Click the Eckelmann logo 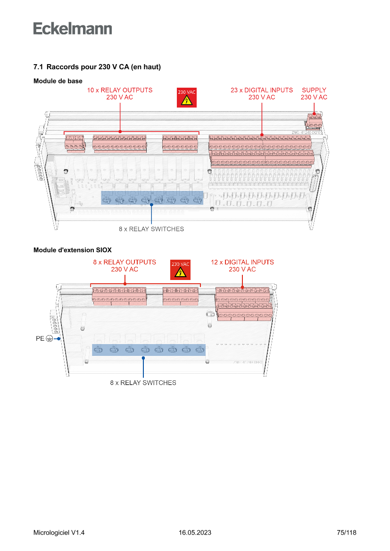click(x=73, y=28)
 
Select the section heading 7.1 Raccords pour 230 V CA click(x=97, y=67)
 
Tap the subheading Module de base click(x=58, y=81)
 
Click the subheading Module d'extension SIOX click(x=72, y=249)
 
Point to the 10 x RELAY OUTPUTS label click(x=120, y=93)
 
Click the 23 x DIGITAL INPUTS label click(x=262, y=93)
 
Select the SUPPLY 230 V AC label click(x=314, y=93)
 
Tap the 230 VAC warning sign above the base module click(x=186, y=98)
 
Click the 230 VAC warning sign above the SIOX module click(x=180, y=270)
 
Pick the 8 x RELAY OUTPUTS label click(x=124, y=265)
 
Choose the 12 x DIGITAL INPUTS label click(x=242, y=265)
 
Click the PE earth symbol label click(x=44, y=338)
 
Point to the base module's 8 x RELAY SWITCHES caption click(x=151, y=229)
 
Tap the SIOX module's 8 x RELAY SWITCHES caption click(x=143, y=383)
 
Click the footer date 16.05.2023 click(x=195, y=533)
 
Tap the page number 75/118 click(x=347, y=533)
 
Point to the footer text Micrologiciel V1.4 click(x=59, y=533)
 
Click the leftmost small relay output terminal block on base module click(x=75, y=143)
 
